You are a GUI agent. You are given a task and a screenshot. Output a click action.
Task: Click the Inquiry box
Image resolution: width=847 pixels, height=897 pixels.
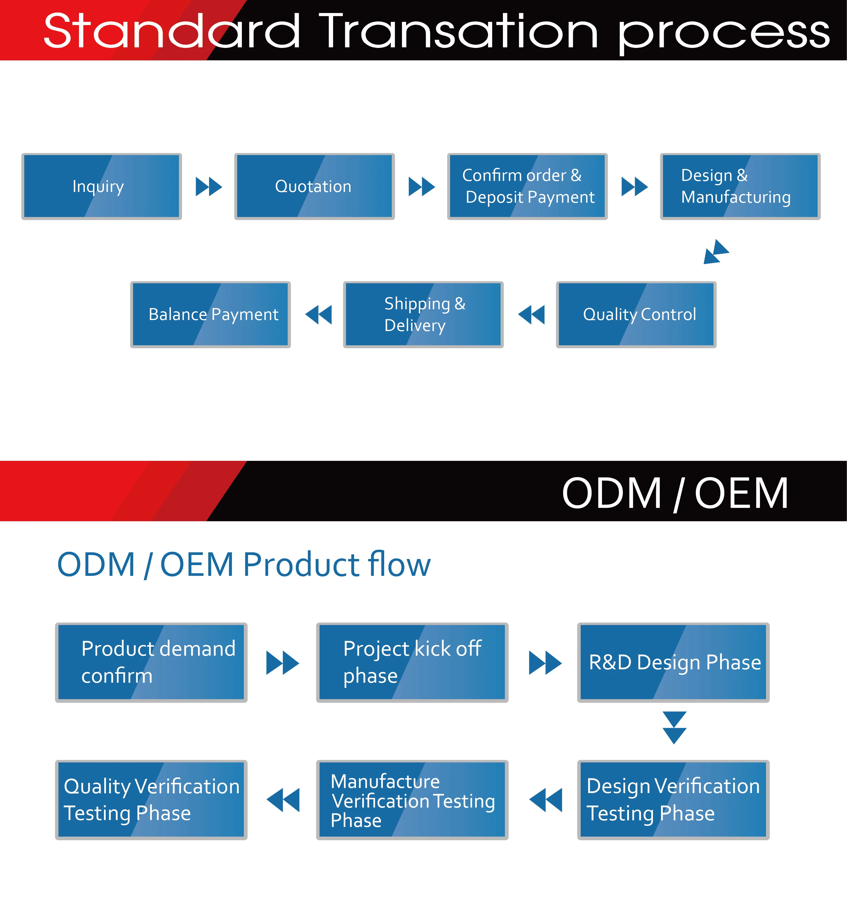[x=102, y=186]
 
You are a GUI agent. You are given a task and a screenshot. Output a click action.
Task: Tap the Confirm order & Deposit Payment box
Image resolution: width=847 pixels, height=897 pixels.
[x=527, y=186]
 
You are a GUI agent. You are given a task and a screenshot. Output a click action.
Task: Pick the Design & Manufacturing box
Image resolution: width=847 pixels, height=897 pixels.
[x=740, y=186]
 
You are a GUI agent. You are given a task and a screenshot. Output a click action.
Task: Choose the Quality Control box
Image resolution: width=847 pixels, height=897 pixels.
[x=636, y=315]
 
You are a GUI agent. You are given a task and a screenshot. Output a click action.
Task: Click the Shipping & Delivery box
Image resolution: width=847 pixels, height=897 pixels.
[x=423, y=315]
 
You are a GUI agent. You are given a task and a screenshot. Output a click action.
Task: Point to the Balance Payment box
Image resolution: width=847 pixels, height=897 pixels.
[x=211, y=315]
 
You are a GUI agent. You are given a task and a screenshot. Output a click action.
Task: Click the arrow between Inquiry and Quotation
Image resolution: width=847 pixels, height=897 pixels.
[x=208, y=186]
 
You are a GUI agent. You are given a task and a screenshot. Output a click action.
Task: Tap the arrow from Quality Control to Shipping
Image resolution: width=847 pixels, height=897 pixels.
[x=531, y=315]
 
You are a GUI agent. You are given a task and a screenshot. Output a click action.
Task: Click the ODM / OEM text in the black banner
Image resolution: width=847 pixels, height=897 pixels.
[x=675, y=493]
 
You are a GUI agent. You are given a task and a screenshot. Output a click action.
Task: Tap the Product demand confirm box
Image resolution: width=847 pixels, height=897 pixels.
[x=151, y=663]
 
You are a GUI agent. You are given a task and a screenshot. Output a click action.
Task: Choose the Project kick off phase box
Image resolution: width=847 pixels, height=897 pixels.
[x=412, y=663]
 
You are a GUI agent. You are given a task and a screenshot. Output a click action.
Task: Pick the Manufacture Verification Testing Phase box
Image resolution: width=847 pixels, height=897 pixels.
[x=412, y=800]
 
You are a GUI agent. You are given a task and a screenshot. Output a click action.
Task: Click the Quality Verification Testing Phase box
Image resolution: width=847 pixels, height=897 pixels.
[x=151, y=800]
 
